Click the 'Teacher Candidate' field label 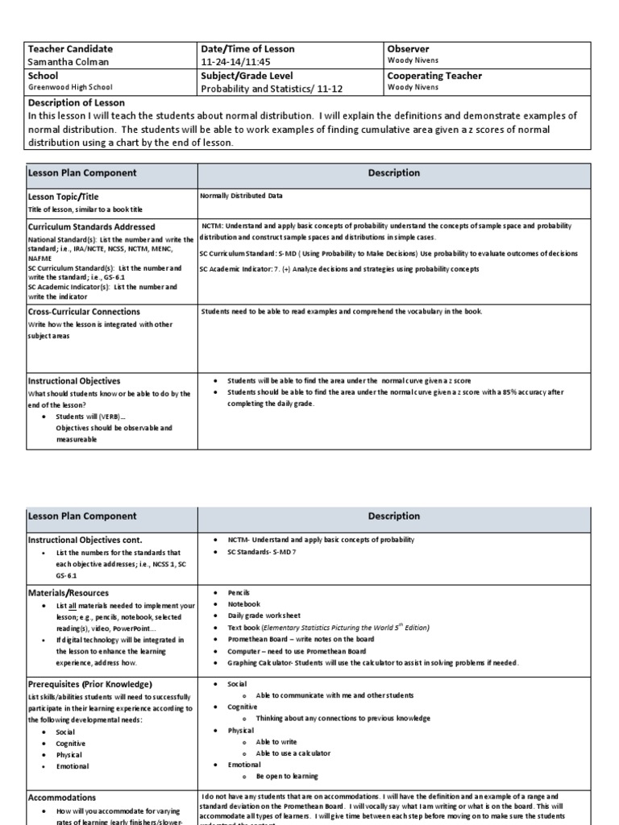coord(70,49)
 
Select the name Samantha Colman coord(68,63)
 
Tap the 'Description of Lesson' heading coord(77,102)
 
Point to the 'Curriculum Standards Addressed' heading coord(91,227)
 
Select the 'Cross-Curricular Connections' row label coord(84,312)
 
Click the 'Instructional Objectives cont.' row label coord(91,539)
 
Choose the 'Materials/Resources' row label coord(67,592)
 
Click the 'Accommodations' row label coord(62,798)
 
